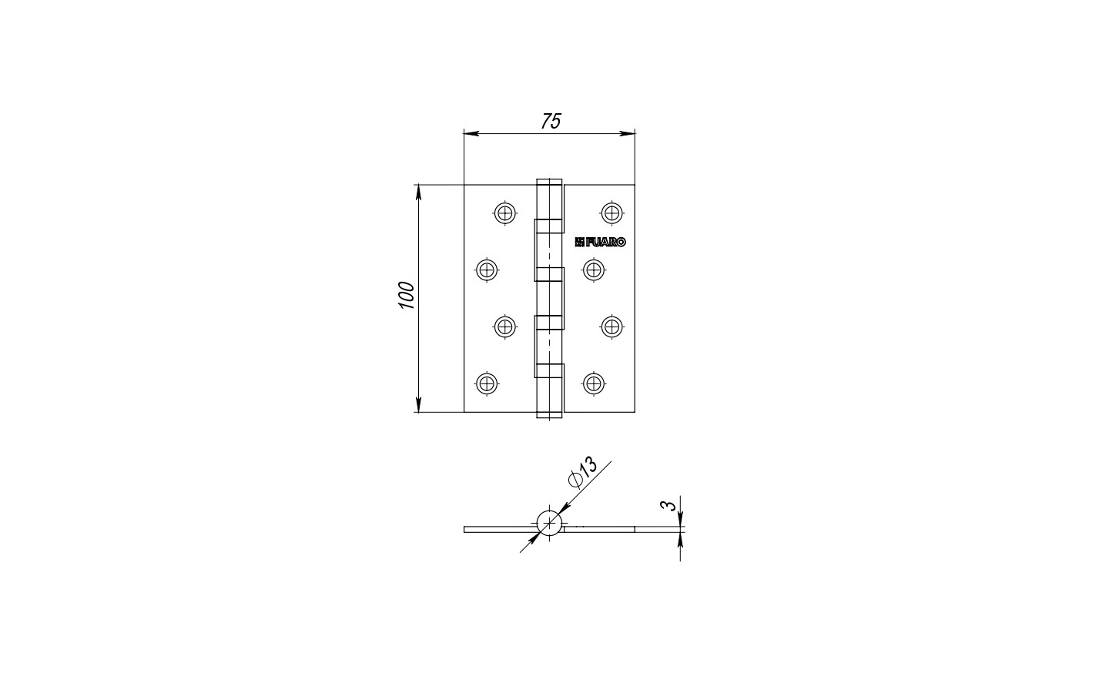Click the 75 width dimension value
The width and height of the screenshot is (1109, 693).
551,122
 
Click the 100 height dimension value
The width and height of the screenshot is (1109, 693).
407,296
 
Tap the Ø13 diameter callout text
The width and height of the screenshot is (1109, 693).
583,473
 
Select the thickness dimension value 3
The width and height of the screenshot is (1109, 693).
668,505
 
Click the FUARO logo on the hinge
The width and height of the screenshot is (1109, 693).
600,242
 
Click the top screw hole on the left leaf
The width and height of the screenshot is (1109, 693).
504,213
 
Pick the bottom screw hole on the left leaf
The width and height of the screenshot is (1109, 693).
487,383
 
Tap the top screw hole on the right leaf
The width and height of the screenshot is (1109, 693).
611,213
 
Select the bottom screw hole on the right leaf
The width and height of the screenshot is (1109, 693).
594,383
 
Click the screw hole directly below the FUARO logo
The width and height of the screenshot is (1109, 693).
594,269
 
